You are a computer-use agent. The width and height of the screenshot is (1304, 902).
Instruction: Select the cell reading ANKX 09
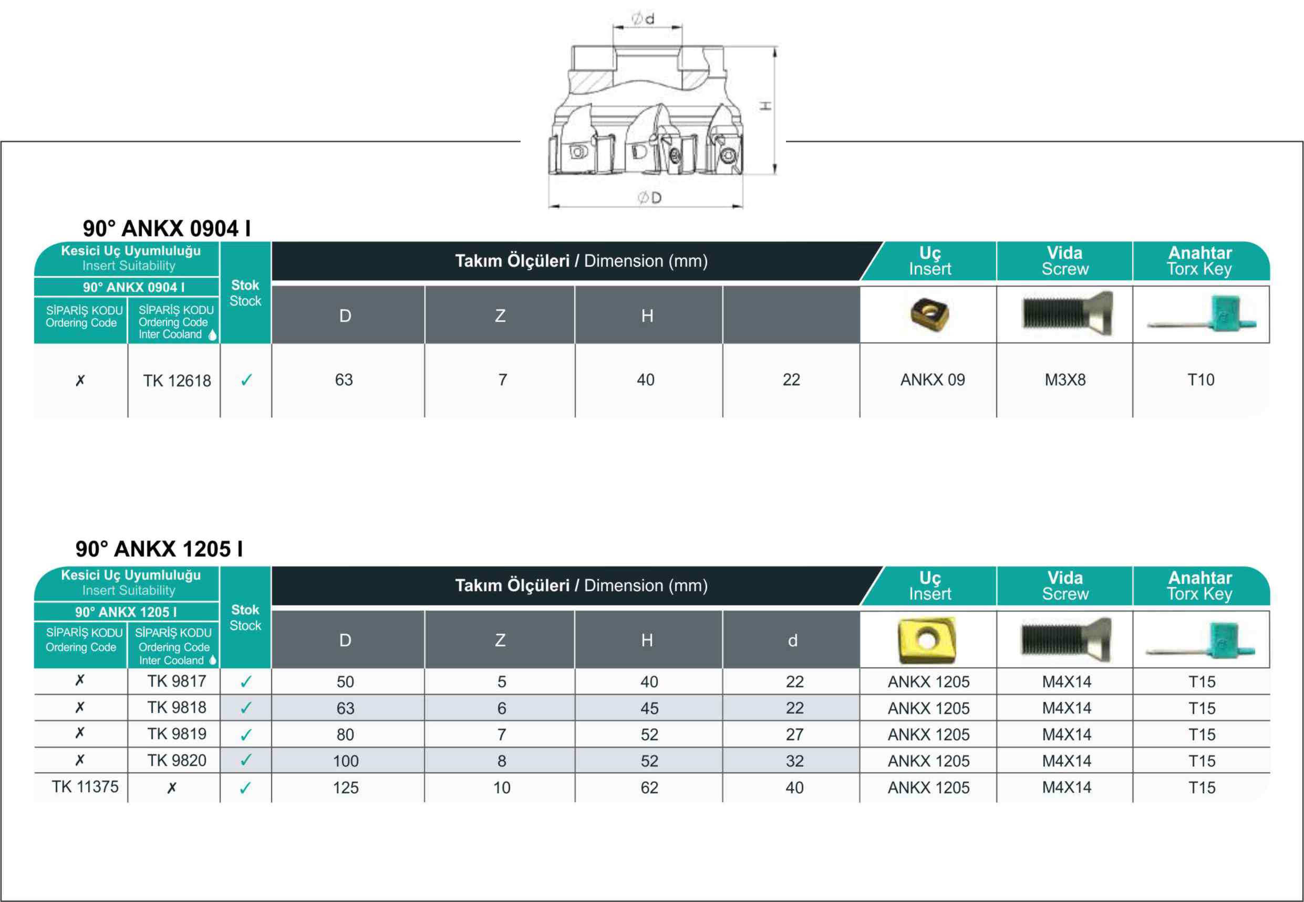pyautogui.click(x=933, y=380)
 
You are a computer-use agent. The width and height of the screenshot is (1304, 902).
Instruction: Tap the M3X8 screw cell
pyautogui.click(x=1065, y=380)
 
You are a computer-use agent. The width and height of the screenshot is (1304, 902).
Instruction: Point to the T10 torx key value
pyautogui.click(x=1201, y=380)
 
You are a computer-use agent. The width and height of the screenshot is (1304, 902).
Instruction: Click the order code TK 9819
pyautogui.click(x=177, y=733)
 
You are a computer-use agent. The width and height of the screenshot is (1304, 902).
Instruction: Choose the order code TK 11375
pyautogui.click(x=86, y=786)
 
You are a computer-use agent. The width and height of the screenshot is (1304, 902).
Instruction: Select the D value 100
pyautogui.click(x=346, y=761)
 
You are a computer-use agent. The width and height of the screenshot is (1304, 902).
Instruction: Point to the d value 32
pyautogui.click(x=794, y=761)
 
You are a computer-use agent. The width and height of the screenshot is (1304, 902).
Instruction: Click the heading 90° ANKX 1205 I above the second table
pyautogui.click(x=160, y=549)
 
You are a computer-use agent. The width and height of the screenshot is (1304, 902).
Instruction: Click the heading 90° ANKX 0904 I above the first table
pyautogui.click(x=167, y=228)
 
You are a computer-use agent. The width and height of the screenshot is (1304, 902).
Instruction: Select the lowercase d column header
pyautogui.click(x=792, y=641)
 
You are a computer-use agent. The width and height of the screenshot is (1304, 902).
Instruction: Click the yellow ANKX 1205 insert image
pyautogui.click(x=926, y=641)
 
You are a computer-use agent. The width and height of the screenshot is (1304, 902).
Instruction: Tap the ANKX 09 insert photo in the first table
pyautogui.click(x=929, y=314)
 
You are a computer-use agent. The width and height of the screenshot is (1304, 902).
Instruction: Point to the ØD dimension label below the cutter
pyautogui.click(x=649, y=198)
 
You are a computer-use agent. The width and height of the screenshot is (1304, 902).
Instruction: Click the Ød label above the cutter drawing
pyautogui.click(x=643, y=19)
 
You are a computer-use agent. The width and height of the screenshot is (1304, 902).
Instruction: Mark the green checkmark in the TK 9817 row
pyautogui.click(x=246, y=682)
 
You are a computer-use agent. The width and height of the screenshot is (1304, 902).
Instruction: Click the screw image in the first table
pyautogui.click(x=1068, y=313)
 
